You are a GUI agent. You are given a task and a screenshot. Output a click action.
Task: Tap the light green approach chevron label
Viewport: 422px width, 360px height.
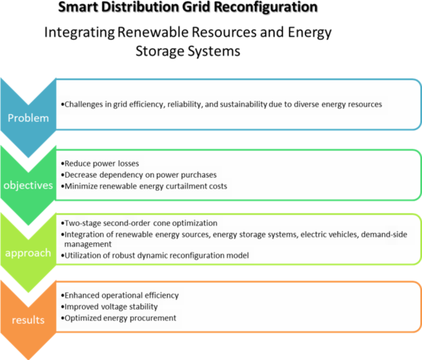click(28, 253)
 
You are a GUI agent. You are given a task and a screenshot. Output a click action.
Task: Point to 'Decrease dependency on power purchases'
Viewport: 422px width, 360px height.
click(140, 175)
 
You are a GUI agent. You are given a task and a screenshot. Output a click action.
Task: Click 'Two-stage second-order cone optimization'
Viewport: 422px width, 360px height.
click(141, 223)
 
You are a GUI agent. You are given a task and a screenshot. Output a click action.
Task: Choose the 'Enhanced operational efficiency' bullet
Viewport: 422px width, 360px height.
click(121, 297)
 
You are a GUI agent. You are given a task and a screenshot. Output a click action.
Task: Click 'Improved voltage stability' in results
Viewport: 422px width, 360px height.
click(110, 307)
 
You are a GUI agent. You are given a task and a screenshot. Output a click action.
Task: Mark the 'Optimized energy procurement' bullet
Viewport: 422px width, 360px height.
click(120, 317)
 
